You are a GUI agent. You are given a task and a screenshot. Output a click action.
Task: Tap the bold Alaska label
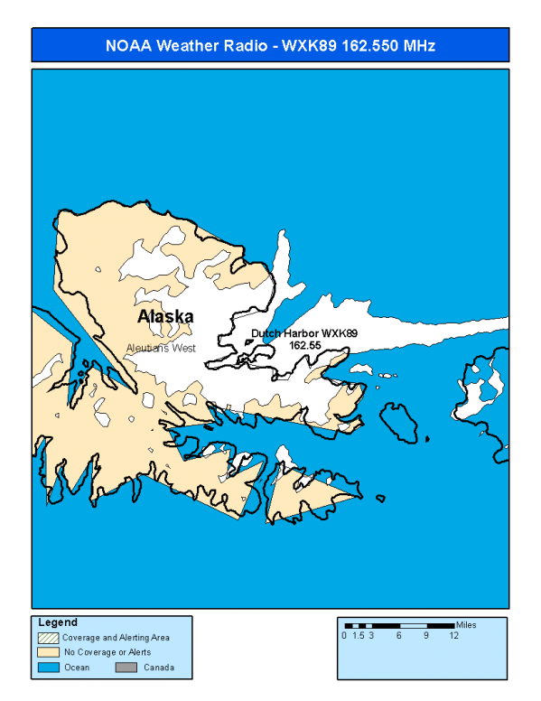tap(165, 317)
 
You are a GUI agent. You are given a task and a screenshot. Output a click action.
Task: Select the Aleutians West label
tap(161, 348)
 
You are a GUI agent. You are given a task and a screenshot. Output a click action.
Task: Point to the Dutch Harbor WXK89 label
tap(303, 333)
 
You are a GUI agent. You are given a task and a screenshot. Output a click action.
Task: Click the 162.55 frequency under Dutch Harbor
tap(305, 344)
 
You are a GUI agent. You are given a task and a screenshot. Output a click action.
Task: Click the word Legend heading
tap(58, 622)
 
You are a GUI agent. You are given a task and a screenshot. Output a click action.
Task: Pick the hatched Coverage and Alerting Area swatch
tap(48, 637)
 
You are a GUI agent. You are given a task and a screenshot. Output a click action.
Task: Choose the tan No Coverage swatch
tap(48, 651)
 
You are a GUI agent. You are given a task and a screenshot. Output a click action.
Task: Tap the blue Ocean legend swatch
tap(48, 668)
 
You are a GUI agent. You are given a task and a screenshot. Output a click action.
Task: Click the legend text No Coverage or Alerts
tap(107, 652)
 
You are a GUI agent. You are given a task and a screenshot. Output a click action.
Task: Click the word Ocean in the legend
tap(76, 668)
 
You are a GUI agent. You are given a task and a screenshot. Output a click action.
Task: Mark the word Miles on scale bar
tap(466, 624)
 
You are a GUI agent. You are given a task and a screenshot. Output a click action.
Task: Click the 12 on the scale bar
tap(453, 636)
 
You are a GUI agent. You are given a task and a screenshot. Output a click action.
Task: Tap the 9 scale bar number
tap(426, 636)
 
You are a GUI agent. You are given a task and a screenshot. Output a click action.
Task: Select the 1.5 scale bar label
tap(358, 636)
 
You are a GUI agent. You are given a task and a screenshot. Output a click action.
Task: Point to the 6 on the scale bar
tap(398, 636)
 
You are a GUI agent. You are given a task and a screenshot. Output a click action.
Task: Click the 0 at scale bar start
tap(344, 636)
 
